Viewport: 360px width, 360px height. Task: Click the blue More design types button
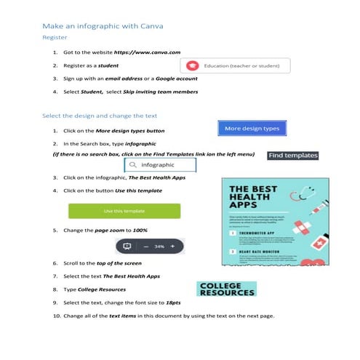[x=252, y=129]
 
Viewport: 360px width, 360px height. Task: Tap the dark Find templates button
[x=292, y=155]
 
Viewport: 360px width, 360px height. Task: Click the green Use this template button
[x=124, y=211]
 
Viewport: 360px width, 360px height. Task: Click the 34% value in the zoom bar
[x=159, y=247]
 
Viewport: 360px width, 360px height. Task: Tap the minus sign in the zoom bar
[x=145, y=247]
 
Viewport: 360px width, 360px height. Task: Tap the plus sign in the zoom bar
[x=173, y=247]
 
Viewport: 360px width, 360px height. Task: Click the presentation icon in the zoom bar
[x=127, y=246]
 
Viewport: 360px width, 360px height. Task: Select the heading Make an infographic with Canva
[x=103, y=26]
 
